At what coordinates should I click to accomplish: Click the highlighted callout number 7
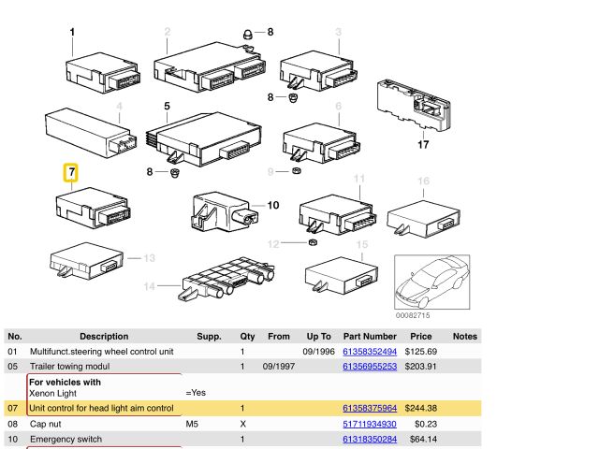point(71,172)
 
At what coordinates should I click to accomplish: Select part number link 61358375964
point(370,409)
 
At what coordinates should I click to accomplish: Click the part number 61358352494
point(370,351)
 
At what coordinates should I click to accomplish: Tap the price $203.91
point(421,366)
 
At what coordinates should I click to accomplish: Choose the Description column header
point(104,336)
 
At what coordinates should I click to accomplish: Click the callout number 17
point(423,145)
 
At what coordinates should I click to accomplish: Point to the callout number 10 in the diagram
point(273,206)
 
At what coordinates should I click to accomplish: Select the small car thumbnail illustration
point(432,283)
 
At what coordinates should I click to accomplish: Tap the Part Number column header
point(370,336)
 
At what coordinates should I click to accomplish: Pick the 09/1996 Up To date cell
point(318,351)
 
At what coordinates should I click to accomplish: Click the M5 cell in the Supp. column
point(194,424)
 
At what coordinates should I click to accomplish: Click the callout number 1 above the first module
point(72,33)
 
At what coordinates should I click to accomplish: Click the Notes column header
point(465,336)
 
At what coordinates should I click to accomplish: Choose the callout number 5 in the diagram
point(168,107)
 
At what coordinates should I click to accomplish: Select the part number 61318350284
point(370,439)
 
